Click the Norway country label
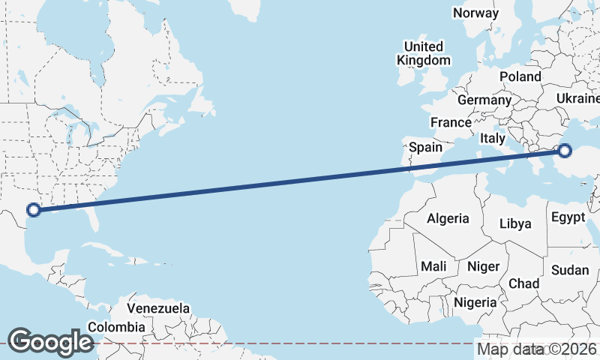(x=475, y=13)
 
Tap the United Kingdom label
(x=424, y=52)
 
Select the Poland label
(x=520, y=76)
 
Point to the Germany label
(x=484, y=100)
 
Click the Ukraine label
(x=578, y=99)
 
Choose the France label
(x=451, y=122)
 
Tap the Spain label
(x=425, y=147)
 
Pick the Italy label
(x=493, y=138)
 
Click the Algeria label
(x=448, y=219)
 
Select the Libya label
(x=515, y=223)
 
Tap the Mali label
(x=433, y=266)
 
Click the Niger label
(x=483, y=266)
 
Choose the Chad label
(x=523, y=283)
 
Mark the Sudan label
(x=569, y=270)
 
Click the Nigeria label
(x=475, y=302)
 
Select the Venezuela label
(x=158, y=308)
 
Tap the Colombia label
(x=116, y=327)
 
